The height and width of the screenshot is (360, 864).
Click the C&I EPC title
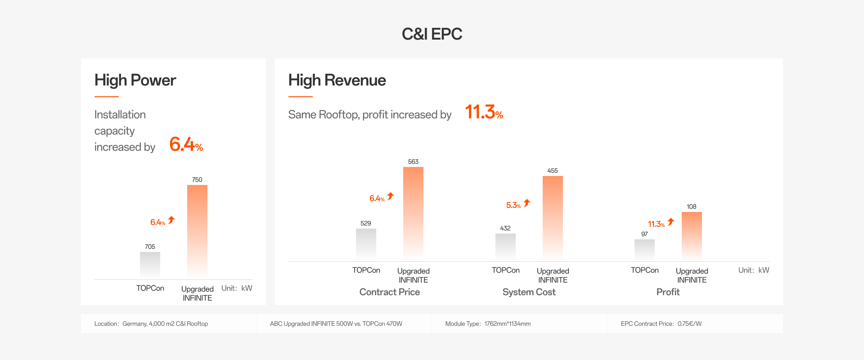[432, 34]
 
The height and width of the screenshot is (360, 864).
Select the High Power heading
[135, 80]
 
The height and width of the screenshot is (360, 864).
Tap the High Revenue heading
[337, 80]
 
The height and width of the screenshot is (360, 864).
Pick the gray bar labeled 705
[150, 265]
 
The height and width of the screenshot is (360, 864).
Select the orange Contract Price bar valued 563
[413, 212]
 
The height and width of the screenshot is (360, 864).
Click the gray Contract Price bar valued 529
[366, 243]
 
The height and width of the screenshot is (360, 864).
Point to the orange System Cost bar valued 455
[553, 217]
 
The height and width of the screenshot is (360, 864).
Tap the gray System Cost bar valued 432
[505, 246]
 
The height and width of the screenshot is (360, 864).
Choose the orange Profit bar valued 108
[692, 235]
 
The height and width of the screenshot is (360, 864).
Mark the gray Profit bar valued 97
[644, 249]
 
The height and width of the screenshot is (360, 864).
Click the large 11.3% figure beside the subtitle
[484, 112]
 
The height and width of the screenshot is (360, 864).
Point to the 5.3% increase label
[513, 205]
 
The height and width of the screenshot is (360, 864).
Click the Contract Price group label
[390, 292]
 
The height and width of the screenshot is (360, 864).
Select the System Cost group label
[529, 292]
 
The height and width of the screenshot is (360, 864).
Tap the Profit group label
[668, 292]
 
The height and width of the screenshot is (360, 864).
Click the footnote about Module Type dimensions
[488, 324]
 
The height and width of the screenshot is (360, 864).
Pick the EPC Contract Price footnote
[661, 324]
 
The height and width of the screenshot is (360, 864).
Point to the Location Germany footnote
[151, 324]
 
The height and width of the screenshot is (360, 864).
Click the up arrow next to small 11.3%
[671, 222]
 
